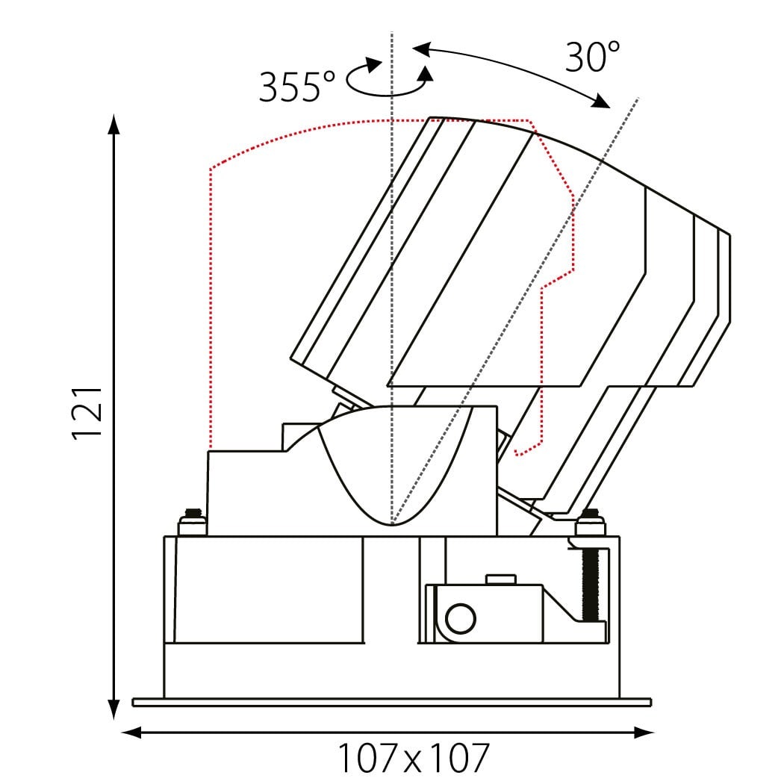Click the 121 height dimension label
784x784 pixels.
point(87,413)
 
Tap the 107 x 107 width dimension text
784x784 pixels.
point(414,759)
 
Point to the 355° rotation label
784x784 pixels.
point(297,87)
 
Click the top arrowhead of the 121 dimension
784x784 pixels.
point(114,124)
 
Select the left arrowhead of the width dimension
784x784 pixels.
point(131,733)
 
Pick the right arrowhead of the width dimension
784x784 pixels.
point(644,733)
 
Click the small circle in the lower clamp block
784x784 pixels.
point(460,618)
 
